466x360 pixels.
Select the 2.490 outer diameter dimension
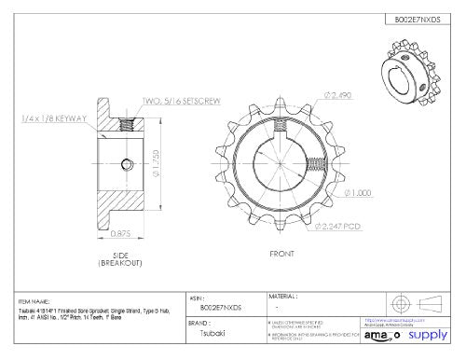coord(341,95)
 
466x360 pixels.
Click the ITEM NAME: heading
coord(34,301)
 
